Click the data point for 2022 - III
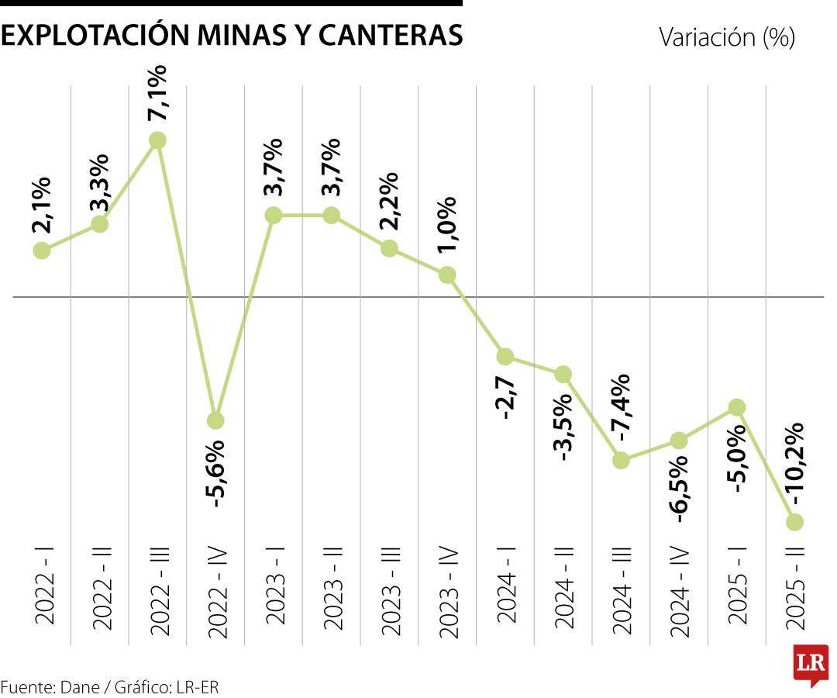[x=157, y=140]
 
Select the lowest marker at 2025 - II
[x=795, y=522]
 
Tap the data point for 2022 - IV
[x=215, y=420]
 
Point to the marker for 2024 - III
[x=621, y=460]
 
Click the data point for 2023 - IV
[x=447, y=275]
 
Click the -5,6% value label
[x=216, y=473]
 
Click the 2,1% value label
[x=42, y=205]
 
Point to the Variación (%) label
[x=726, y=36]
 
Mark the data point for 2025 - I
[x=737, y=407]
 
